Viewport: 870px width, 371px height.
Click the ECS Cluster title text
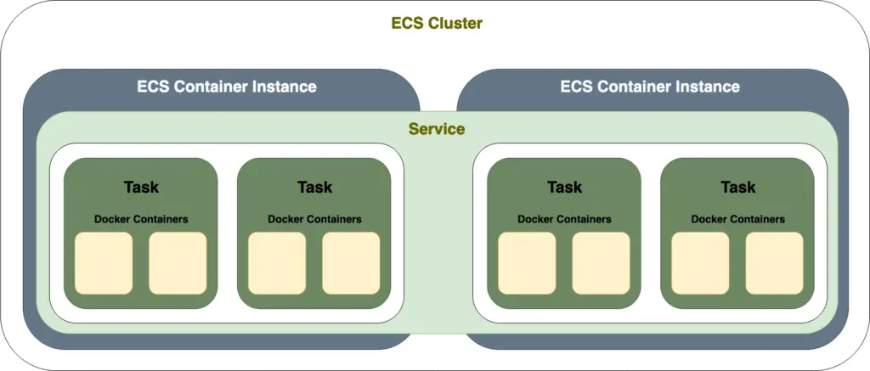(436, 24)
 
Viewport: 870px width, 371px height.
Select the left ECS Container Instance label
(226, 87)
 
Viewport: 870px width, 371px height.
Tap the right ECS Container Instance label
(650, 87)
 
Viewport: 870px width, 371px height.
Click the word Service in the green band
(436, 129)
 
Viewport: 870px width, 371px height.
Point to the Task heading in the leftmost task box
(141, 187)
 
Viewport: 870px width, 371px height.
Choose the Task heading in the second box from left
(314, 187)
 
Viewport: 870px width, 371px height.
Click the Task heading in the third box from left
(564, 187)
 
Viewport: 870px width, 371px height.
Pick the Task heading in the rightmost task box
(737, 187)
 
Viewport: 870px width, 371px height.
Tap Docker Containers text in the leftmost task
(141, 219)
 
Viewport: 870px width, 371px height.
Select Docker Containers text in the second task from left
(314, 219)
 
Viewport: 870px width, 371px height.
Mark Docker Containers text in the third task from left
(564, 219)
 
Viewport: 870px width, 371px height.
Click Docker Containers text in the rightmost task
(737, 219)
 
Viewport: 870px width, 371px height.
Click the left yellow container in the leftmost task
(104, 263)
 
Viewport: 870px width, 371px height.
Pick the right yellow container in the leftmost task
(178, 263)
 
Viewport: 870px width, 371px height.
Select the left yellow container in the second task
(277, 263)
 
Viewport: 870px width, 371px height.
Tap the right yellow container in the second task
(351, 263)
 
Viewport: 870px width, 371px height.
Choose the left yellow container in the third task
(527, 263)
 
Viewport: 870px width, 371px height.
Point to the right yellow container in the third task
(601, 263)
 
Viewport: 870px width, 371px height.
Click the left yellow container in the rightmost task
(700, 263)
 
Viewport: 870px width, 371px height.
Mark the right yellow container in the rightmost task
(774, 263)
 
